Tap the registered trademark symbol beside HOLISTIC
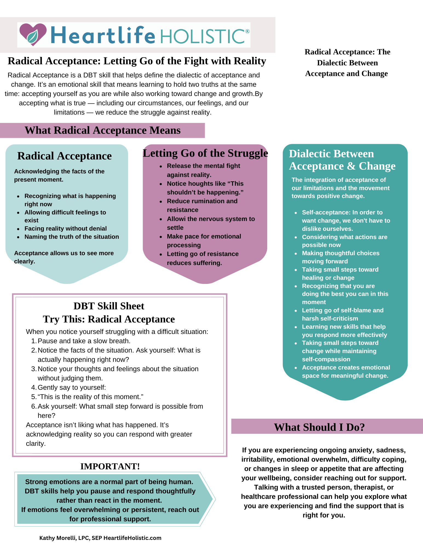tap(247, 31)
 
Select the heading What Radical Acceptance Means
tap(102, 130)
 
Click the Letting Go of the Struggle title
tap(205, 153)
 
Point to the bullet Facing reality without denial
tap(65, 228)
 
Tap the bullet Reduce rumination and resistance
tap(202, 205)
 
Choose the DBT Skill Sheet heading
tap(109, 306)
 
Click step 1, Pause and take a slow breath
tap(84, 341)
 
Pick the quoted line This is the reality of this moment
tap(90, 397)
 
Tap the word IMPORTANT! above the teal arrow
tap(110, 466)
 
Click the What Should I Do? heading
tap(319, 427)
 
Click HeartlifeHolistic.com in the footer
tap(132, 538)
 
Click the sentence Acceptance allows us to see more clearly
tap(64, 257)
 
